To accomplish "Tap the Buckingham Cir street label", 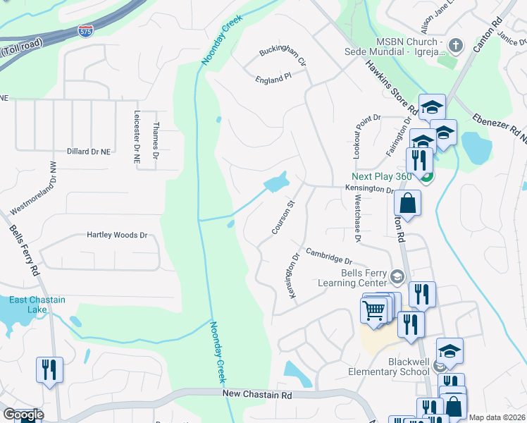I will [x=283, y=57].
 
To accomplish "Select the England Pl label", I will [x=273, y=79].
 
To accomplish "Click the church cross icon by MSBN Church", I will [x=456, y=46].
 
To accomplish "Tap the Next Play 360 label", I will [x=384, y=176].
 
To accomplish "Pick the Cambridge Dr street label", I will [x=328, y=255].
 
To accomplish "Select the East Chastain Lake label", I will [x=37, y=305].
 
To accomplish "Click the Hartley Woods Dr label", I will [x=117, y=235].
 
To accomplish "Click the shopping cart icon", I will [x=373, y=309].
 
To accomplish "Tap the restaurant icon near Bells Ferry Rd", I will [x=49, y=369].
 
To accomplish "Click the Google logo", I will [x=23, y=414].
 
